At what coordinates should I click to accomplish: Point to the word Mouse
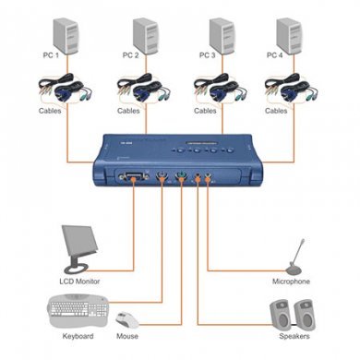[x=128, y=338]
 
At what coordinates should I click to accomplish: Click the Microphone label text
[x=291, y=281]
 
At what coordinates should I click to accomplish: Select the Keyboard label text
[x=78, y=338]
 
